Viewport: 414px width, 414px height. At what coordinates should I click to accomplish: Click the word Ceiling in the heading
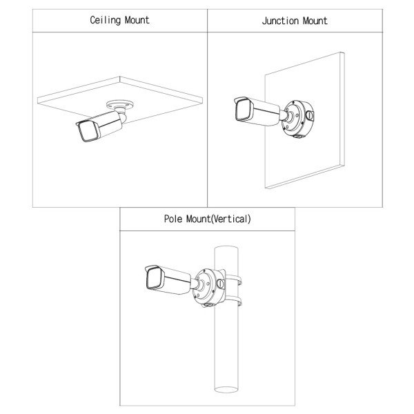coord(106,20)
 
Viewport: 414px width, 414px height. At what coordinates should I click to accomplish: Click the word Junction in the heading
coord(280,21)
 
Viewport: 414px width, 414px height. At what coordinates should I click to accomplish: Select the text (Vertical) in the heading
coord(231,219)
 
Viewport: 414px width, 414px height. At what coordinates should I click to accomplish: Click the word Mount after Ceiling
coord(137,20)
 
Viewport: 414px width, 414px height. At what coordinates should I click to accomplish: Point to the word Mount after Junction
coord(315,21)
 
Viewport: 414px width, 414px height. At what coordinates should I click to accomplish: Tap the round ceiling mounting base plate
coord(119,104)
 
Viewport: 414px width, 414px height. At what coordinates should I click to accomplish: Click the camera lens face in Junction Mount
coord(243,110)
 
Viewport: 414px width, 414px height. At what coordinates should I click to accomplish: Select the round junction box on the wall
coord(298,118)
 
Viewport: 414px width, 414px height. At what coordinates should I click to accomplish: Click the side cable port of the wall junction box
coord(309,115)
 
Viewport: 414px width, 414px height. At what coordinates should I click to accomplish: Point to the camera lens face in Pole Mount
coord(154,278)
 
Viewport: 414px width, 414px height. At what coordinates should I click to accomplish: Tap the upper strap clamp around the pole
coord(233,279)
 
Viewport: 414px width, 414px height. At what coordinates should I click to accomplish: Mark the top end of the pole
coord(226,248)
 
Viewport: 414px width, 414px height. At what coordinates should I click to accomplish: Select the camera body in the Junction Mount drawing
coord(257,111)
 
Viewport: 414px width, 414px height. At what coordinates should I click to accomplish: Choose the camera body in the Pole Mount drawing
coord(168,279)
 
